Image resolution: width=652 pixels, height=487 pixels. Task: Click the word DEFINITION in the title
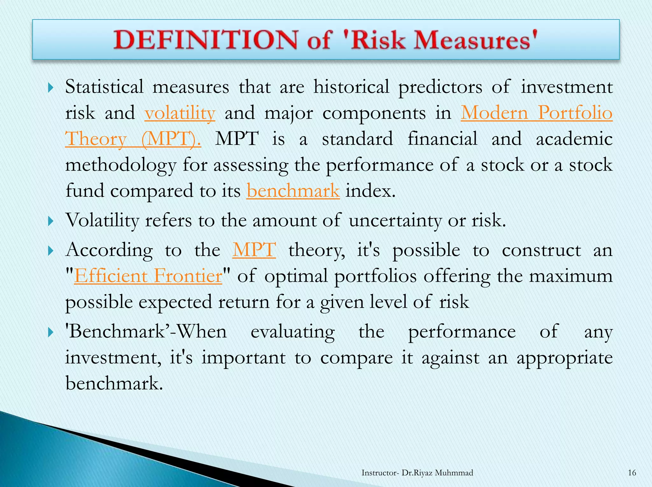[206, 40]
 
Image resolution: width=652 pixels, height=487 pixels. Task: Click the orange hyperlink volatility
[180, 113]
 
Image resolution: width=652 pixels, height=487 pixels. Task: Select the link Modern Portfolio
[536, 113]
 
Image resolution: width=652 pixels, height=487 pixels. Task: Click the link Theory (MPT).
[133, 139]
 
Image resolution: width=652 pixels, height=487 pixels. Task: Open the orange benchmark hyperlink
[293, 191]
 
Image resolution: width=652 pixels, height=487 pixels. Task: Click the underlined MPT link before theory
[254, 250]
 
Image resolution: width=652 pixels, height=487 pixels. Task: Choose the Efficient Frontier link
[148, 276]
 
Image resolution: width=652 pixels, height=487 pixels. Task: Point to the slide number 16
[632, 473]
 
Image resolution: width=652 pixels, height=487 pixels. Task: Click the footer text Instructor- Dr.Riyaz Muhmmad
[417, 473]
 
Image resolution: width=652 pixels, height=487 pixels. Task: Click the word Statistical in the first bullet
[104, 87]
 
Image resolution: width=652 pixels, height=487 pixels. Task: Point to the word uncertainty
[395, 221]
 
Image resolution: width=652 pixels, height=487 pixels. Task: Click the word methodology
[121, 165]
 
